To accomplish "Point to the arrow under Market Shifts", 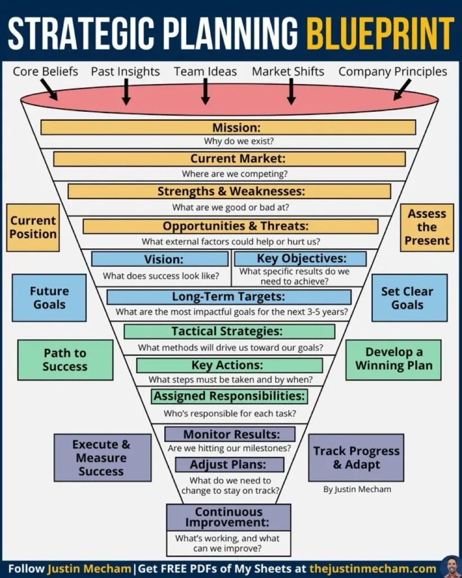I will point(291,91).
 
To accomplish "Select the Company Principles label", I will point(393,72).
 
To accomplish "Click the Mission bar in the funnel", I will point(228,128).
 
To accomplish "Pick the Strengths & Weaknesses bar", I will point(229,191).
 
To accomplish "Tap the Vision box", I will point(160,259).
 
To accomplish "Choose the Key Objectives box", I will point(300,259).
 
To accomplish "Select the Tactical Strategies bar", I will point(229,331).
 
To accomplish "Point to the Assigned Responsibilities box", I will point(229,396).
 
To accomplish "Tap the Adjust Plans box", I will point(228,465).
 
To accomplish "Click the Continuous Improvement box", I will point(228,517).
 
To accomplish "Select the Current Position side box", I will point(33,227).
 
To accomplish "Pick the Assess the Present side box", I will point(426,227).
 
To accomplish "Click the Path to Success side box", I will point(65,360).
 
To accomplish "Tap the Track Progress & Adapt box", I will point(356,458).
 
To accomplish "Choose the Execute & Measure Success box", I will point(102,458).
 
